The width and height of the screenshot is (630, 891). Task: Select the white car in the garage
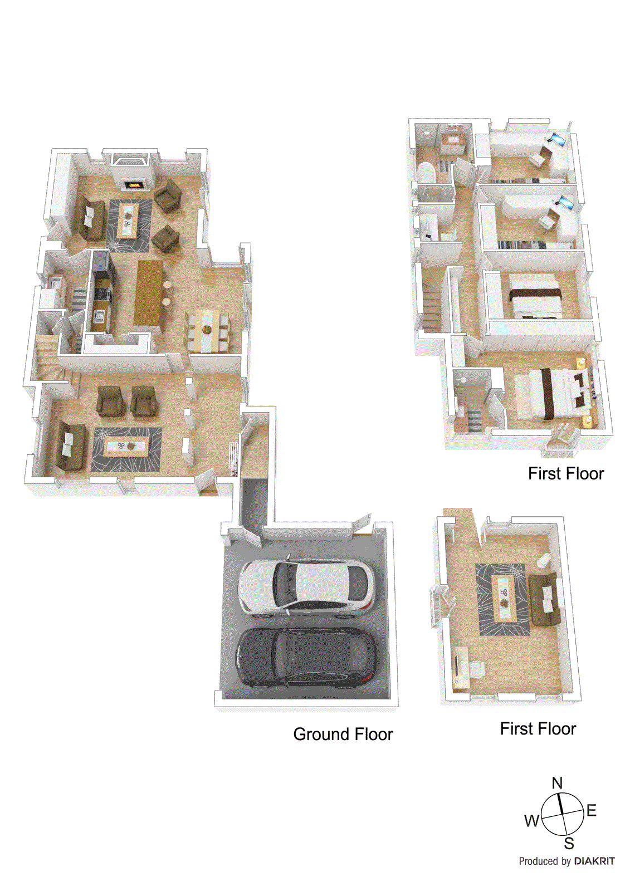pos(305,588)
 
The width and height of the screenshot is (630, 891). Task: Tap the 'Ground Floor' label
pos(343,735)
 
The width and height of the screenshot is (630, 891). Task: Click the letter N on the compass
pos(557,783)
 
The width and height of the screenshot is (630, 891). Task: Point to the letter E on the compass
pos(592,810)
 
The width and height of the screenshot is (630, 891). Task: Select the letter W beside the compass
pos(532,820)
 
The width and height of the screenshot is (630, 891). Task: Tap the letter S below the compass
pos(569,843)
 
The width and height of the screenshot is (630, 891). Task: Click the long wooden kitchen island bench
pos(149,293)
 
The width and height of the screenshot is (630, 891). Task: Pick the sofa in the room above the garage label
pos(544,599)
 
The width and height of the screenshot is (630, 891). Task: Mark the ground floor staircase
pos(51,362)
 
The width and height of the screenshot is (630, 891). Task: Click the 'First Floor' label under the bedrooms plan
pos(566,474)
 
